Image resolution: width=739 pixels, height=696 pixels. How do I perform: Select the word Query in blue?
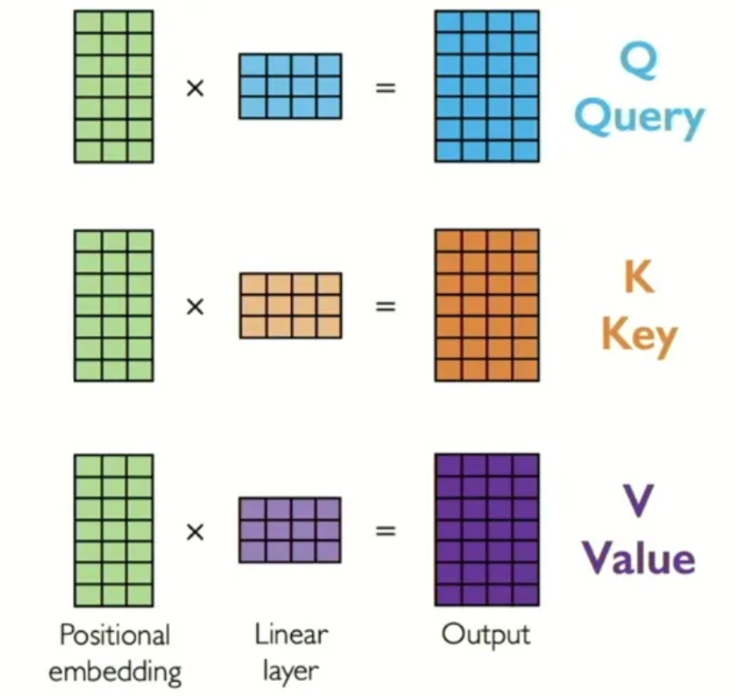pyautogui.click(x=639, y=119)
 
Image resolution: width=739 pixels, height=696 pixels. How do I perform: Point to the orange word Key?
pyautogui.click(x=639, y=336)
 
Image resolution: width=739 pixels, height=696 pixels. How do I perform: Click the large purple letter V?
pyautogui.click(x=639, y=503)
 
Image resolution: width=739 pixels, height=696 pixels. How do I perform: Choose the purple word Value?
pyautogui.click(x=639, y=558)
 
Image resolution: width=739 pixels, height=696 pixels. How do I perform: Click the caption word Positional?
pyautogui.click(x=115, y=636)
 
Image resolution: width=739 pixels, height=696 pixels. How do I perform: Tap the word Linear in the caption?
pyautogui.click(x=291, y=634)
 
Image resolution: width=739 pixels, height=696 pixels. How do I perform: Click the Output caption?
pyautogui.click(x=486, y=634)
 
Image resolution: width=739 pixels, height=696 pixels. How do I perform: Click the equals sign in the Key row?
pyautogui.click(x=385, y=306)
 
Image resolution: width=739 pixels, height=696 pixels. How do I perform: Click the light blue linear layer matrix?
pyautogui.click(x=290, y=86)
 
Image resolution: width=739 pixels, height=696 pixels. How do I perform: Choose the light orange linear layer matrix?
pyautogui.click(x=290, y=305)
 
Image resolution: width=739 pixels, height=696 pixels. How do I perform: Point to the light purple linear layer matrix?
pyautogui.click(x=290, y=530)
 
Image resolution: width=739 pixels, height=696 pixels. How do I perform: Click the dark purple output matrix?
pyautogui.click(x=487, y=530)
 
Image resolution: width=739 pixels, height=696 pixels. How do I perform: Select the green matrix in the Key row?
pyautogui.click(x=113, y=305)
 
